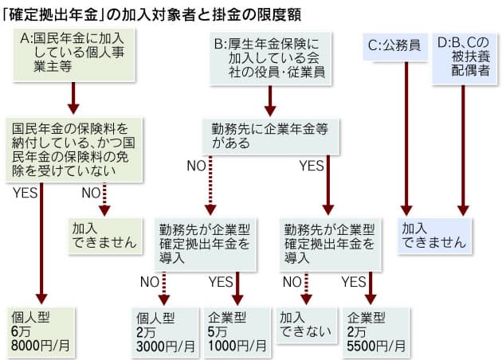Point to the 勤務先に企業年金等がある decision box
(269, 135)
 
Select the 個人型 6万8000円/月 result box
(39, 330)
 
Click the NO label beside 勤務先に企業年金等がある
(196, 166)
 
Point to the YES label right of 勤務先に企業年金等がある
(312, 166)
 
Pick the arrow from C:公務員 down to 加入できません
(406, 135)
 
